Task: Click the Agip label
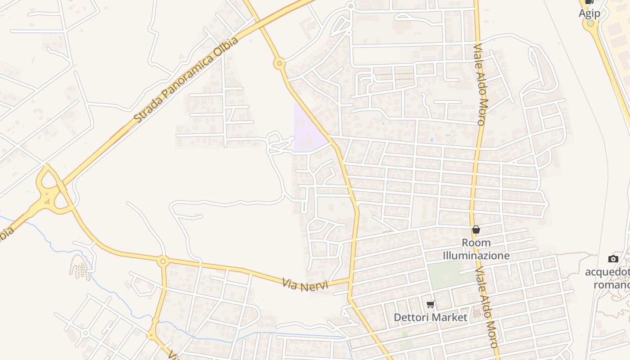tap(589, 13)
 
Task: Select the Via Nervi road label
tap(306, 284)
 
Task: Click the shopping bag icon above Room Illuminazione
tap(476, 229)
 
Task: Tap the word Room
tap(476, 243)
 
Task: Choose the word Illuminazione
tap(476, 256)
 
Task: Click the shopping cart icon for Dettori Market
tap(431, 305)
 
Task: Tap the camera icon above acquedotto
tap(613, 259)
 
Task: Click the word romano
tap(611, 285)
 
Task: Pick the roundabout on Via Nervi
tap(163, 261)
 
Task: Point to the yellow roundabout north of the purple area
tap(279, 64)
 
